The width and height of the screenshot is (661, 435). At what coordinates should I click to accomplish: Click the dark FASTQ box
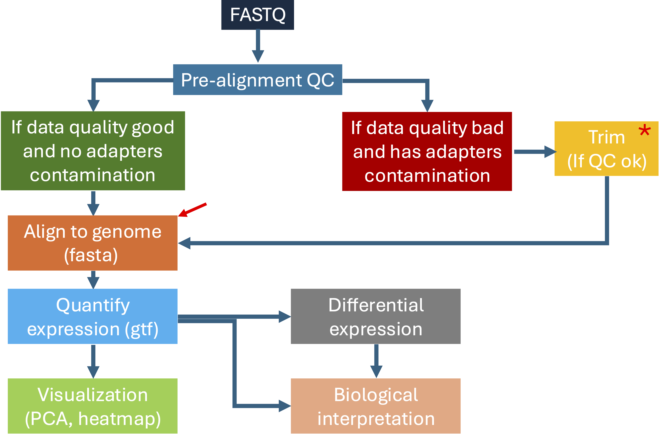click(x=258, y=15)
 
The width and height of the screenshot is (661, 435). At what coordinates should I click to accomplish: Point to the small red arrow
click(x=192, y=210)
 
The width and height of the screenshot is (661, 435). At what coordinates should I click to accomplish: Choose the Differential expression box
click(x=375, y=316)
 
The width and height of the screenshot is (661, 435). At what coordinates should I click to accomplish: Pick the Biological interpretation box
click(x=375, y=406)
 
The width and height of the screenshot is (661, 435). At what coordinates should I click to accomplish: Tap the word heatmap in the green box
click(x=119, y=419)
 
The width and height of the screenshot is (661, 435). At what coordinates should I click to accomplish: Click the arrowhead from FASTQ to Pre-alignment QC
click(x=258, y=56)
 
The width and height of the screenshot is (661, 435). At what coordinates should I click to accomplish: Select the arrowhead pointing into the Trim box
click(x=550, y=152)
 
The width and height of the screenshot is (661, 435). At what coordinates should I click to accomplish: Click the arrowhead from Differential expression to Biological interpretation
click(x=376, y=372)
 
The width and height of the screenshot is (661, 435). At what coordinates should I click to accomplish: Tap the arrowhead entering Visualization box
click(x=93, y=372)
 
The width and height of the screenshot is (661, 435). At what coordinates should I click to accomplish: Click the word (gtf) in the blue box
click(x=142, y=330)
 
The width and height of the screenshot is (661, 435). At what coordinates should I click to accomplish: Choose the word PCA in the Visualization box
click(x=50, y=419)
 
